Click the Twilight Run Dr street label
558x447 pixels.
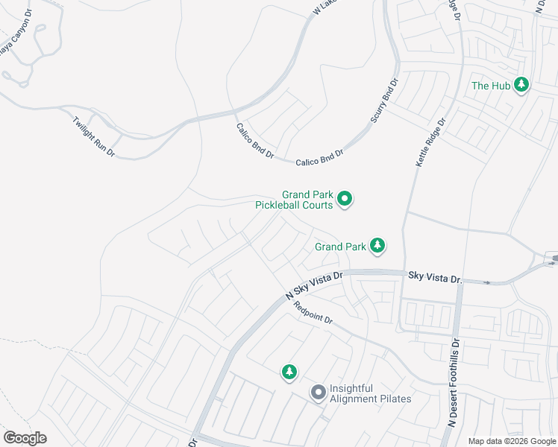click(94, 136)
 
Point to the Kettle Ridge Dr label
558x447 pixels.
click(430, 142)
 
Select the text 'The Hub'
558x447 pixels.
click(491, 86)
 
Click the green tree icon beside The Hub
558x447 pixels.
click(522, 85)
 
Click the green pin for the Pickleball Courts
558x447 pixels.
click(345, 198)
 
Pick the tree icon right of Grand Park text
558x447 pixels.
click(378, 245)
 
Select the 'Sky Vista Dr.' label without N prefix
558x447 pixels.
click(436, 277)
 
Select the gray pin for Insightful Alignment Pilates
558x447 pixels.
click(318, 392)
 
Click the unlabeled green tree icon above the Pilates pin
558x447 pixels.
click(289, 371)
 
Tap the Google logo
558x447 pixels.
click(25, 438)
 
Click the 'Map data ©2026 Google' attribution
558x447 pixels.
click(512, 441)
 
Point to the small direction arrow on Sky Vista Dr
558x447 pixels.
click(488, 282)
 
